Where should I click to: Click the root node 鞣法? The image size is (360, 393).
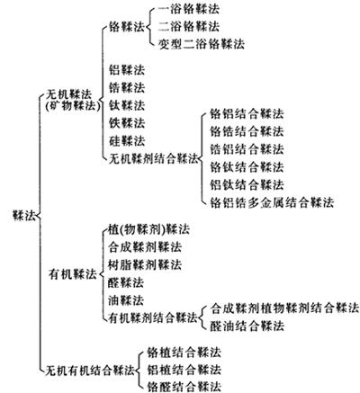point(24,215)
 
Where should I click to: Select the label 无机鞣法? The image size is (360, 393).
point(68,94)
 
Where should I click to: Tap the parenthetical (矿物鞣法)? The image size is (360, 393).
point(73,106)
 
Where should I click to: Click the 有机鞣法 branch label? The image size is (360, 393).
point(73,274)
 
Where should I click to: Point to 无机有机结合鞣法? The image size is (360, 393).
point(90,370)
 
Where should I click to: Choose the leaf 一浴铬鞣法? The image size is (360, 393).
point(189,9)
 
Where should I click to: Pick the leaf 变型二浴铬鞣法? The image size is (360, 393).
point(202,44)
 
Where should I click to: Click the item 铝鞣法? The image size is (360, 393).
point(127,70)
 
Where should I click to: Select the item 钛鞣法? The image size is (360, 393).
point(127,105)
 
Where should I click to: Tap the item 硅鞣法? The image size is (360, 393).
point(127,140)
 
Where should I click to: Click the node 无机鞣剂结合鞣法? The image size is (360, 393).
point(153,158)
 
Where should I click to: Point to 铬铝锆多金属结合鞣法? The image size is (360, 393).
point(272,202)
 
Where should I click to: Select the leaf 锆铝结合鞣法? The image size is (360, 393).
point(247,149)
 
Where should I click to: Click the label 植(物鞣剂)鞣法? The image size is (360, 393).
point(148,229)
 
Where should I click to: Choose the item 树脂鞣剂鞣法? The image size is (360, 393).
point(145,264)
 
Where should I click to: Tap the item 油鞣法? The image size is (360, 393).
point(126,300)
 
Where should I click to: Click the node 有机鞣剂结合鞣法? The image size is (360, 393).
point(153,317)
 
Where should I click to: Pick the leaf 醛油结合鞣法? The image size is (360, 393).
point(247,326)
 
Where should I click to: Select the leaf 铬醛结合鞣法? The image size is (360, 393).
point(184,386)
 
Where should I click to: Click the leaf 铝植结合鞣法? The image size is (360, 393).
point(184,370)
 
